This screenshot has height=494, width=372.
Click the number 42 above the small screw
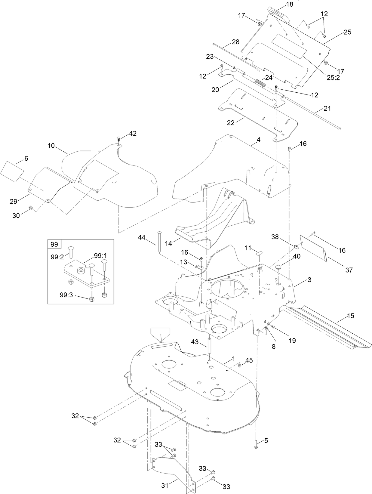tap(133, 133)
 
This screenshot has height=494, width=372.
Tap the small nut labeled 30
tap(30, 207)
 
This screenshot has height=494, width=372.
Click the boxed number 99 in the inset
tap(54, 244)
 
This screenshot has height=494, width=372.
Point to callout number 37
tap(349, 270)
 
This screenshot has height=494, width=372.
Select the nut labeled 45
tap(240, 366)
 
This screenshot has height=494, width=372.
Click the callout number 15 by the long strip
tap(350, 316)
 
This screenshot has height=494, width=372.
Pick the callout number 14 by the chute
tap(168, 243)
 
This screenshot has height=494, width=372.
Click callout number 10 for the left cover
tap(51, 146)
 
